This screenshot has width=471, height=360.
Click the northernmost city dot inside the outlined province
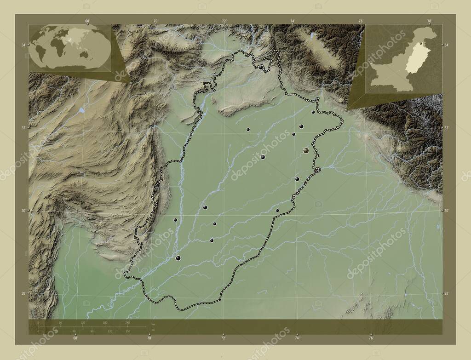click(261, 67)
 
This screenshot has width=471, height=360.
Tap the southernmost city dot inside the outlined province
click(178, 258)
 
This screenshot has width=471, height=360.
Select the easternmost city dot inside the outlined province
click(313, 112)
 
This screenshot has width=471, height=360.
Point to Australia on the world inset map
click(84, 55)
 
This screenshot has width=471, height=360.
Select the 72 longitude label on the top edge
click(224, 21)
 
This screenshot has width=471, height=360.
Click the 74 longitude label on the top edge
click(293, 21)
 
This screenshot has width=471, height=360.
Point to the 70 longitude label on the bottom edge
click(149, 338)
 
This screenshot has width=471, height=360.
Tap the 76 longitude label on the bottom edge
click(371, 338)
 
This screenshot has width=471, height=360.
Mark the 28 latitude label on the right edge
click(446, 293)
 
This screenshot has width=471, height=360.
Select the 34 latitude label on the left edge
click(23, 45)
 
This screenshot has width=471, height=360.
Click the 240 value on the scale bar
click(127, 323)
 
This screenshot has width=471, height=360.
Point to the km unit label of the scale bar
click(153, 325)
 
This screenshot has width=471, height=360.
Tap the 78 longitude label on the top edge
click(429, 21)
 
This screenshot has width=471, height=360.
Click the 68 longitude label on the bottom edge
click(75, 338)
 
